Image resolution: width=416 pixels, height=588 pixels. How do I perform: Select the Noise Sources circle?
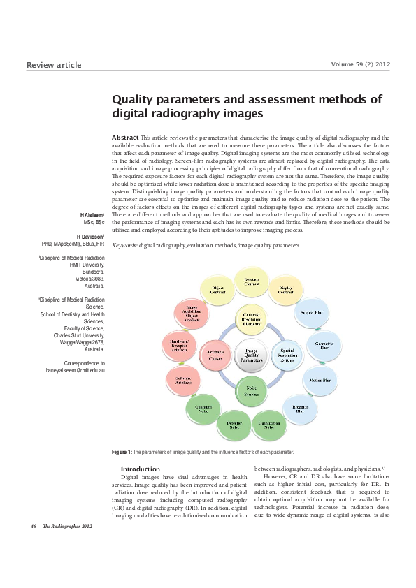(251, 391)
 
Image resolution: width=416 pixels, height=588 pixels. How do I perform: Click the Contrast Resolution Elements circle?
(251, 317)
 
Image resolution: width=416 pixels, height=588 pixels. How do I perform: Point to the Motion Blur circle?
(320, 381)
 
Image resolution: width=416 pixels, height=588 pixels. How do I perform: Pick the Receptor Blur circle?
(300, 409)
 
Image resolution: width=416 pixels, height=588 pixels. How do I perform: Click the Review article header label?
(54, 66)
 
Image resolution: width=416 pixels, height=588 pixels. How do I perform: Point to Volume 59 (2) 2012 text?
(360, 65)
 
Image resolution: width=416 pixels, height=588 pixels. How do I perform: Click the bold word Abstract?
(124, 138)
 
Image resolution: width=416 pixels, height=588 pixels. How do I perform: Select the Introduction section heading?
(141, 469)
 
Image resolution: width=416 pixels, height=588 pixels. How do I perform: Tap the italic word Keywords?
(124, 246)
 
